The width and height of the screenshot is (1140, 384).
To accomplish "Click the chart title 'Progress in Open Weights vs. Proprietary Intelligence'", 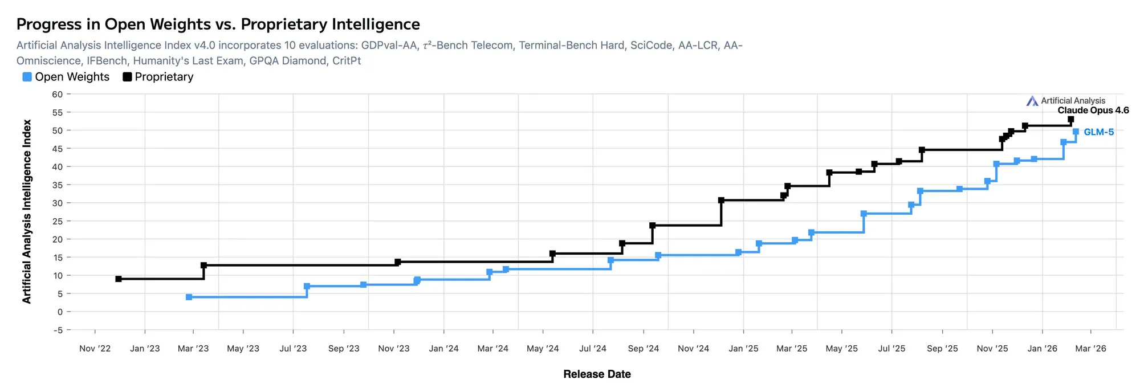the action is pos(218,24).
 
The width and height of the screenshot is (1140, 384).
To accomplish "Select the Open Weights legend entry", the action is pos(66,77).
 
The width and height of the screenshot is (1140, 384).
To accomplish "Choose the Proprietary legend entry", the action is pos(158,77).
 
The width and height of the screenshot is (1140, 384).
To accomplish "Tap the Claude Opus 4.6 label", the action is pos(1093,111).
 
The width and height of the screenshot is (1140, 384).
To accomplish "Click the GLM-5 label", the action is pos(1098,132).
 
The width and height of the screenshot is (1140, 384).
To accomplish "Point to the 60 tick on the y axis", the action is pos(57,95).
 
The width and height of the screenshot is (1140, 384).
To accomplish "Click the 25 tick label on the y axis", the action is pos(57,221).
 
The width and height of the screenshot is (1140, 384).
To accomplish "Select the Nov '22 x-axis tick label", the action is pos(95,349).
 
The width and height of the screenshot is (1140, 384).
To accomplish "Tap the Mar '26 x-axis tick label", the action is pos(1090,349).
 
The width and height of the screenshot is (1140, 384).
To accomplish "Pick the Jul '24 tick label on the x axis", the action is pos(593,349).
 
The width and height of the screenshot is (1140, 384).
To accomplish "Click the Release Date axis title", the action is pos(597,374).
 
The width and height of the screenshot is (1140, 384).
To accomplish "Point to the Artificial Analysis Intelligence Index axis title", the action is pos(27,211).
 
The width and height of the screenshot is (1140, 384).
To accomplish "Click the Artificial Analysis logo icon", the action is pos(1032,101).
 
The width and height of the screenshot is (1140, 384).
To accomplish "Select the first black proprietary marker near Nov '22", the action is pos(119,279).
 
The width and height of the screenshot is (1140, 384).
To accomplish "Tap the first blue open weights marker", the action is pos(189,297).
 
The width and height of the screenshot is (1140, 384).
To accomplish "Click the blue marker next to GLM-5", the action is pos(1076,132).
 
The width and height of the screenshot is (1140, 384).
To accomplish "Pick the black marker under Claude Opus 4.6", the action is pos(1070,120).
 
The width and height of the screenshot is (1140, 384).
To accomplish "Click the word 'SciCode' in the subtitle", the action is pos(652,46).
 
